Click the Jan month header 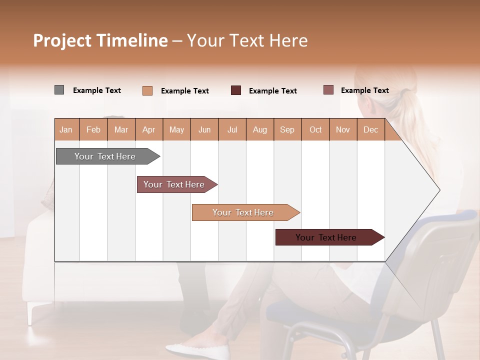[66, 130]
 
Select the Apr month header [149, 130]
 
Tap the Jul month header [232, 130]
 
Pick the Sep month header [287, 130]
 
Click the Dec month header [370, 130]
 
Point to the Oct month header [315, 130]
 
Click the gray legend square [59, 90]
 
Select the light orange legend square [147, 90]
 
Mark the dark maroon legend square [236, 90]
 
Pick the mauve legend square [328, 90]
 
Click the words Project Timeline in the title [100, 40]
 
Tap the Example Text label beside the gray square [97, 90]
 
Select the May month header [176, 130]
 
